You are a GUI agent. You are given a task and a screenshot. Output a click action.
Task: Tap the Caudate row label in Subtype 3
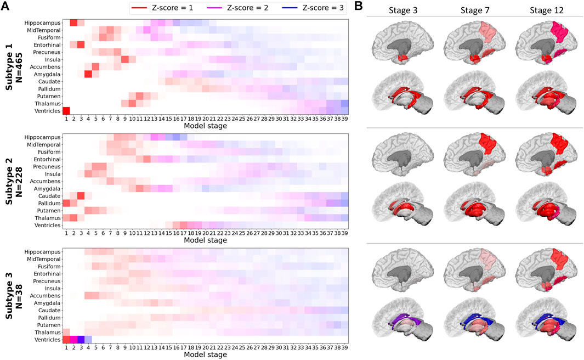pos(46,310)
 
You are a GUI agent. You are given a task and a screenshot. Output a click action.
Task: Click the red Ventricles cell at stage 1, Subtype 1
pos(66,110)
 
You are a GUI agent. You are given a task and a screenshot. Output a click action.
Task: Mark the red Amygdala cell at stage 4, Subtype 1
pos(88,74)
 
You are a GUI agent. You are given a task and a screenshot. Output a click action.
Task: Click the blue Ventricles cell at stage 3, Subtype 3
pos(81,339)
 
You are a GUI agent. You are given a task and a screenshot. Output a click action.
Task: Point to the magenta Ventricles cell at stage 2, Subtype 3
pos(73,339)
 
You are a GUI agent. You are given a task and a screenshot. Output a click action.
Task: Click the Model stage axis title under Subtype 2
pos(205,240)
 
